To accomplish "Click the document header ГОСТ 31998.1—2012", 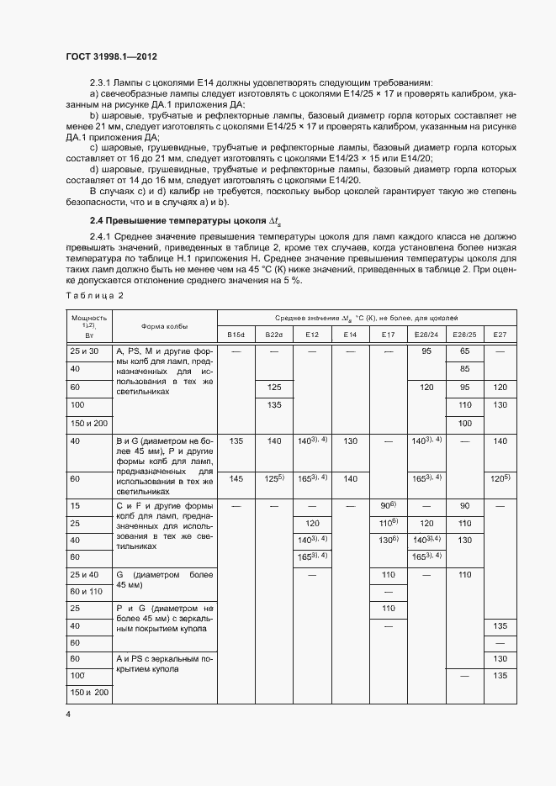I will (111, 56).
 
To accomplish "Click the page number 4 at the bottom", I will (68, 714).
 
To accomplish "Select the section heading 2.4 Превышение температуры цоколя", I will (172, 221).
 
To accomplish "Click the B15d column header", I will (236, 335).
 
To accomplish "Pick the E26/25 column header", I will (463, 335).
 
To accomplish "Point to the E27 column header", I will (500, 335).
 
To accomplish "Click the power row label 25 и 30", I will (85, 350).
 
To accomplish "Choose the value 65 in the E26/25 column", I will (463, 350).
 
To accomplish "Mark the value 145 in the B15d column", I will (236, 478).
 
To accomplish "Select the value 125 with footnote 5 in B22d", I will (274, 478).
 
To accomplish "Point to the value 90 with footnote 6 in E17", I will (388, 506).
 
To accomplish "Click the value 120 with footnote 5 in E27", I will (500, 478).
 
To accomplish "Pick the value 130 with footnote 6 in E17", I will (388, 540).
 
